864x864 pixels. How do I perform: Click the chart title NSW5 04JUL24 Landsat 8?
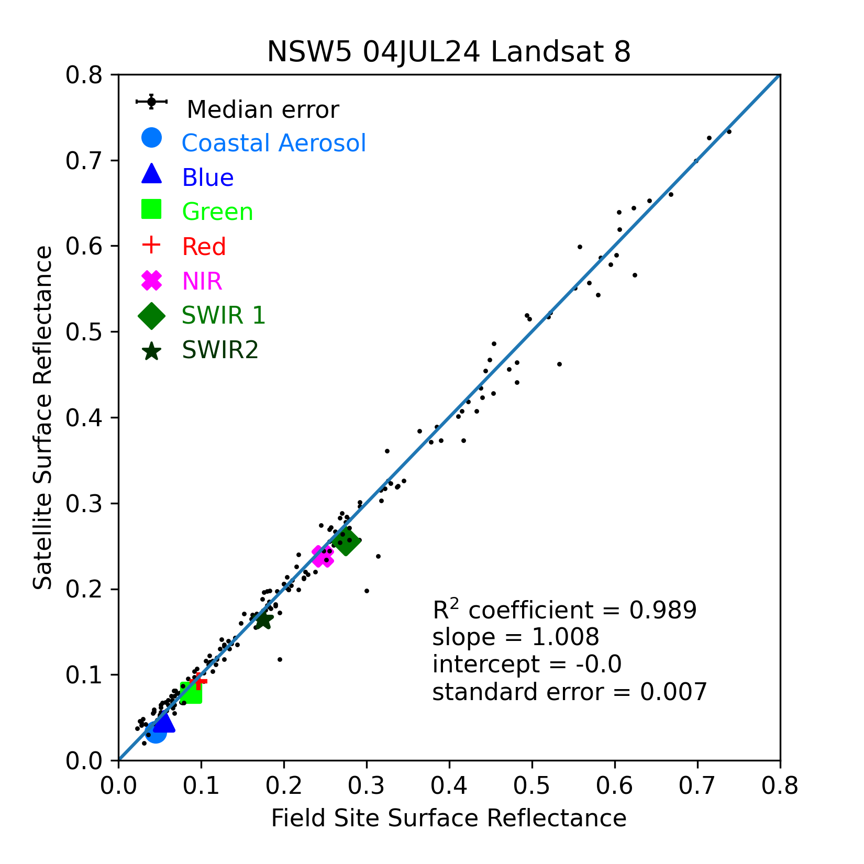click(449, 52)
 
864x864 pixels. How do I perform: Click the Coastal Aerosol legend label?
click(273, 143)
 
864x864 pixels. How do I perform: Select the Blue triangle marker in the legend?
click(151, 174)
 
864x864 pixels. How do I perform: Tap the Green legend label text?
click(217, 212)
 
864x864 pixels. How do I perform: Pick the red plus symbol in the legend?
click(151, 245)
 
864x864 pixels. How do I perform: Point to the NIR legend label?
click(202, 281)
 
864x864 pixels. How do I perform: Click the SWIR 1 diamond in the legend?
click(151, 316)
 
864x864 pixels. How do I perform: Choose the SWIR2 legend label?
click(220, 350)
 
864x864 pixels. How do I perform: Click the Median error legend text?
click(262, 110)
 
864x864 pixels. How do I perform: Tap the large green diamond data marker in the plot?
click(347, 541)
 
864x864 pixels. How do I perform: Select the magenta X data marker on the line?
click(323, 556)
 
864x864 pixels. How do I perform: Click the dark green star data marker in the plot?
click(263, 621)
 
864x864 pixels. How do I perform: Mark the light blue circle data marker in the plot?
click(156, 732)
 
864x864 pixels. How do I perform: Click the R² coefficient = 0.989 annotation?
click(564, 610)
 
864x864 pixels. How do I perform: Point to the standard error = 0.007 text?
click(569, 692)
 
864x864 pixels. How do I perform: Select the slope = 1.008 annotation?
click(515, 637)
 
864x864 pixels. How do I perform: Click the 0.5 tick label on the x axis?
click(531, 787)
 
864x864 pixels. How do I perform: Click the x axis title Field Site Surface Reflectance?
click(449, 818)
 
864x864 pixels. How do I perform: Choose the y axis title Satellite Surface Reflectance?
click(43, 417)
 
